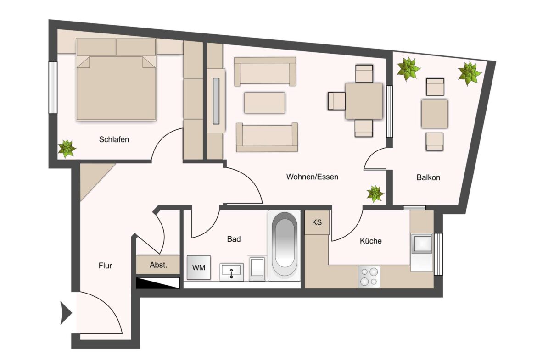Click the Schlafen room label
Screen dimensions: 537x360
pyautogui.click(x=114, y=139)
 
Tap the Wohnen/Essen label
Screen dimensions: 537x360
pyautogui.click(x=312, y=177)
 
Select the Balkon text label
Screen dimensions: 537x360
pyautogui.click(x=428, y=177)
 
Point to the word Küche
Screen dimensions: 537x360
pyautogui.click(x=370, y=241)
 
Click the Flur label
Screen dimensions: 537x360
pyautogui.click(x=105, y=266)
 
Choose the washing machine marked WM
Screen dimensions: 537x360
pyautogui.click(x=199, y=267)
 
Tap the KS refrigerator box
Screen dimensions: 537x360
pyautogui.click(x=317, y=222)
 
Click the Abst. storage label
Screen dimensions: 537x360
pyautogui.click(x=158, y=265)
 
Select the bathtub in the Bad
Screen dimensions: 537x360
pyautogui.click(x=285, y=245)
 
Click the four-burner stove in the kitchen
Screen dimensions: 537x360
pyautogui.click(x=369, y=277)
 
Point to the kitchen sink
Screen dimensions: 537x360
pyautogui.click(x=422, y=244)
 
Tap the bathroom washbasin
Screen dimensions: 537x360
pyautogui.click(x=231, y=272)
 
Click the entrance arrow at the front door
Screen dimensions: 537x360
pyautogui.click(x=66, y=313)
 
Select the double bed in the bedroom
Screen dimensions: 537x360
pyautogui.click(x=116, y=79)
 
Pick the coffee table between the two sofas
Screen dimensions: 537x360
pyautogui.click(x=265, y=103)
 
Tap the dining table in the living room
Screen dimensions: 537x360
pyautogui.click(x=364, y=101)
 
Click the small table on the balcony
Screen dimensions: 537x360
pyautogui.click(x=435, y=114)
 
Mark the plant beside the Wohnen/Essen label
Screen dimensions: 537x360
pyautogui.click(x=375, y=194)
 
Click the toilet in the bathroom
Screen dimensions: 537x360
pyautogui.click(x=257, y=269)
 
